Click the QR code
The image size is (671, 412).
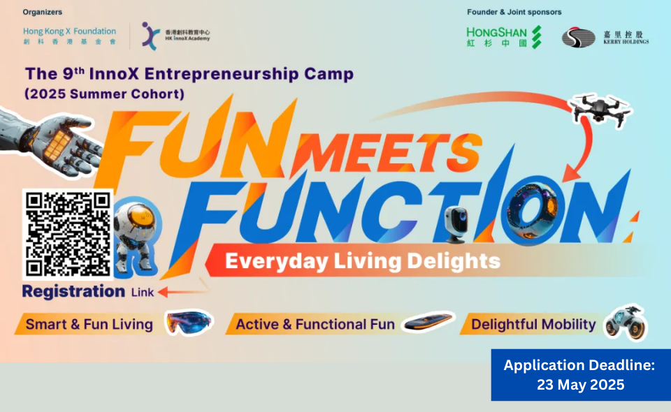[68, 234]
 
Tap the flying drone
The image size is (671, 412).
[600, 110]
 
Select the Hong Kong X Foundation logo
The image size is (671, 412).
[69, 36]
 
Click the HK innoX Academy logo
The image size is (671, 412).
[176, 36]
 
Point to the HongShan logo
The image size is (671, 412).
[504, 37]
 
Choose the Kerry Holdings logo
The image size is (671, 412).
[605, 38]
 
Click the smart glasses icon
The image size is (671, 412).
[189, 322]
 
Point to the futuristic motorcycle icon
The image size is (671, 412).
[626, 323]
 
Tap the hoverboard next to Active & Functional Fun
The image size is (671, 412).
[428, 321]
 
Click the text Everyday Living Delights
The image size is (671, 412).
[363, 261]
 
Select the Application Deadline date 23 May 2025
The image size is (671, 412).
[580, 385]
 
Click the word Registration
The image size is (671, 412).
[73, 292]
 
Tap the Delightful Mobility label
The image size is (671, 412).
[533, 325]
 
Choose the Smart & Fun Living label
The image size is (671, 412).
[89, 325]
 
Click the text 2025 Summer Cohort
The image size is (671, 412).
[105, 94]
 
